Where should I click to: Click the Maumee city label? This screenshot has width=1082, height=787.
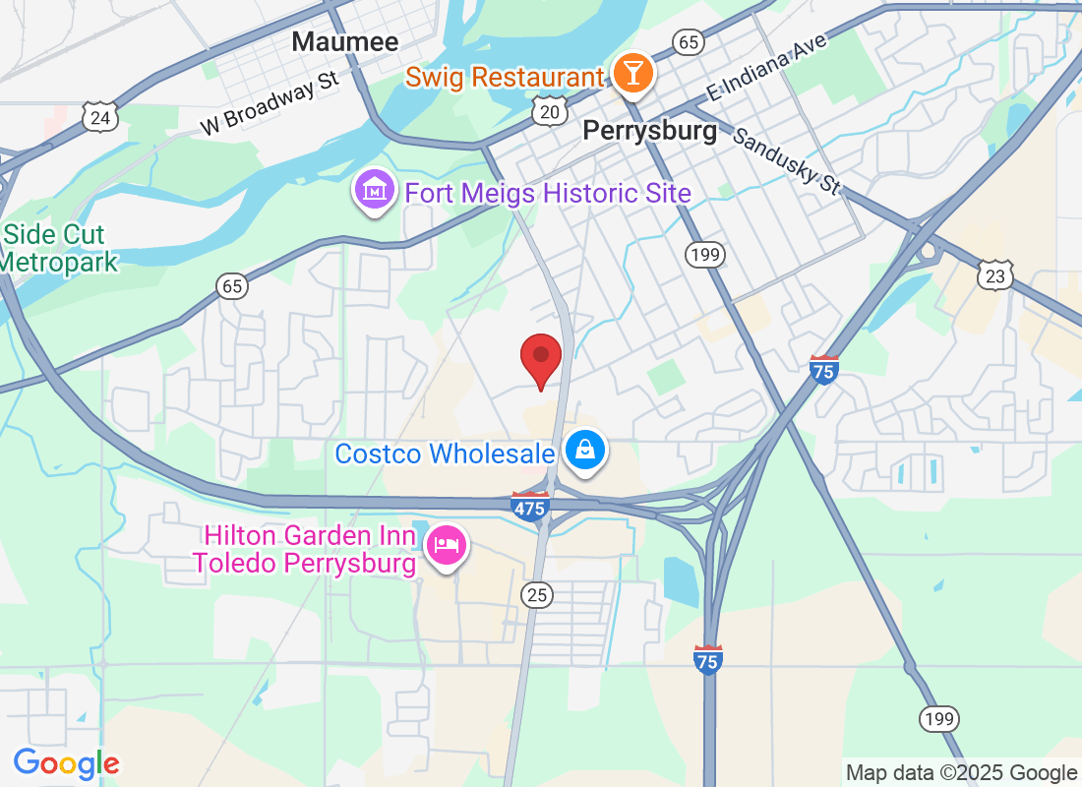click(x=345, y=42)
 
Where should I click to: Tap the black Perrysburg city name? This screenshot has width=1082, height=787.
click(x=650, y=131)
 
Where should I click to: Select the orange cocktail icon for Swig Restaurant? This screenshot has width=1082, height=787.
click(x=631, y=74)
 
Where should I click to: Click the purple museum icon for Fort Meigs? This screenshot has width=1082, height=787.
click(x=374, y=191)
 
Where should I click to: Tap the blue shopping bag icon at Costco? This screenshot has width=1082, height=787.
click(x=585, y=451)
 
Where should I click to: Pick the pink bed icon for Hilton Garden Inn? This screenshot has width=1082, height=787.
click(x=447, y=546)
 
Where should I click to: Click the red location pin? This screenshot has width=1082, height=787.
click(x=540, y=358)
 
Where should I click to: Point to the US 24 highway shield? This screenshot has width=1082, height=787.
click(x=102, y=118)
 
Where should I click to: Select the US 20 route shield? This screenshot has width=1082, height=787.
click(x=549, y=112)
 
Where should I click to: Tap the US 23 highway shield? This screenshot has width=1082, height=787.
click(x=995, y=276)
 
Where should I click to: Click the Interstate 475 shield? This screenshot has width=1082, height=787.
click(x=529, y=507)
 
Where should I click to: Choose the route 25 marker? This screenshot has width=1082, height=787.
click(x=537, y=594)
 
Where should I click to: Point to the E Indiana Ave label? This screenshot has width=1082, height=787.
click(x=768, y=67)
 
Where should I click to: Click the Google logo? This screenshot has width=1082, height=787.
click(x=67, y=763)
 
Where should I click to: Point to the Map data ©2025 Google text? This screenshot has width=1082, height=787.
click(x=961, y=773)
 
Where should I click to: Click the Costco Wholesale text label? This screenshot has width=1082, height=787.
click(x=446, y=454)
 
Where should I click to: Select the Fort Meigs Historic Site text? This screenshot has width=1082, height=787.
click(x=548, y=193)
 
